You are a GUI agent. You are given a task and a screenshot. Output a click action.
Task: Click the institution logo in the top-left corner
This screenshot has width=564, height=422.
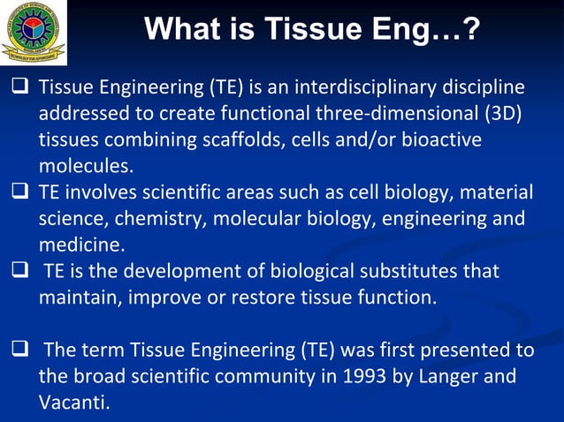click(x=34, y=33)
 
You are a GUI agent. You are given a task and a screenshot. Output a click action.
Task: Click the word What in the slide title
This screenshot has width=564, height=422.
click(x=182, y=30)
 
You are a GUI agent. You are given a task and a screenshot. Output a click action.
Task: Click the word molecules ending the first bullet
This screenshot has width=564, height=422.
click(x=85, y=166)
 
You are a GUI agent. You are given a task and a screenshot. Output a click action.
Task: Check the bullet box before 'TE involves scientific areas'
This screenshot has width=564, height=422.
click(x=19, y=192)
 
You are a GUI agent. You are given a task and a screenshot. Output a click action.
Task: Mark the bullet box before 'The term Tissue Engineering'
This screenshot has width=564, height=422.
click(x=19, y=350)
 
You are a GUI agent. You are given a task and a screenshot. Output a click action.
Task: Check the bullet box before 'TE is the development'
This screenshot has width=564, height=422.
click(x=19, y=270)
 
